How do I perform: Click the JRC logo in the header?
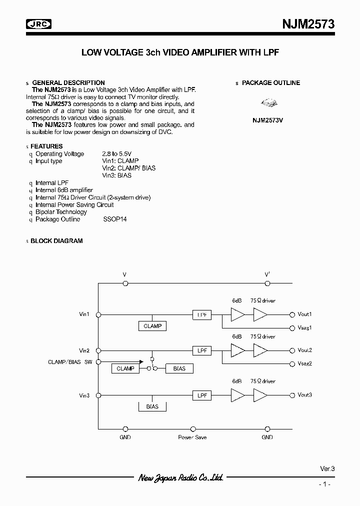(39, 23)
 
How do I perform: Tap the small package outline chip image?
(268, 103)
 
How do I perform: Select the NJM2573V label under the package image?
(267, 121)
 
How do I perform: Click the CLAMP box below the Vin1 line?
(152, 326)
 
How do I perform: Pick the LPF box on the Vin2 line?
(202, 350)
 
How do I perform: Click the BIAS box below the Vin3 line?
(152, 406)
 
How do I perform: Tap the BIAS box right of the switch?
(179, 368)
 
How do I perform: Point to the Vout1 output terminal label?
(304, 314)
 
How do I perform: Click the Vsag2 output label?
(304, 363)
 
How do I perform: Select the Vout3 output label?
(304, 395)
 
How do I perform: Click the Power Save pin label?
(192, 437)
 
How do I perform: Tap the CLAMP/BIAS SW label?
(70, 361)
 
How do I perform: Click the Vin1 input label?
(84, 314)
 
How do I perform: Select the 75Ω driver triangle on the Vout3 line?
(260, 395)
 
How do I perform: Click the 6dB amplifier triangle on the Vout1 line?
(237, 314)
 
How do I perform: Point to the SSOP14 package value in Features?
(115, 219)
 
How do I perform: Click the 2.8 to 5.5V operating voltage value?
(117, 154)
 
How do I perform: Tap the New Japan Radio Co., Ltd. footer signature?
(180, 478)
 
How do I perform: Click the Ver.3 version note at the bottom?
(327, 469)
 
